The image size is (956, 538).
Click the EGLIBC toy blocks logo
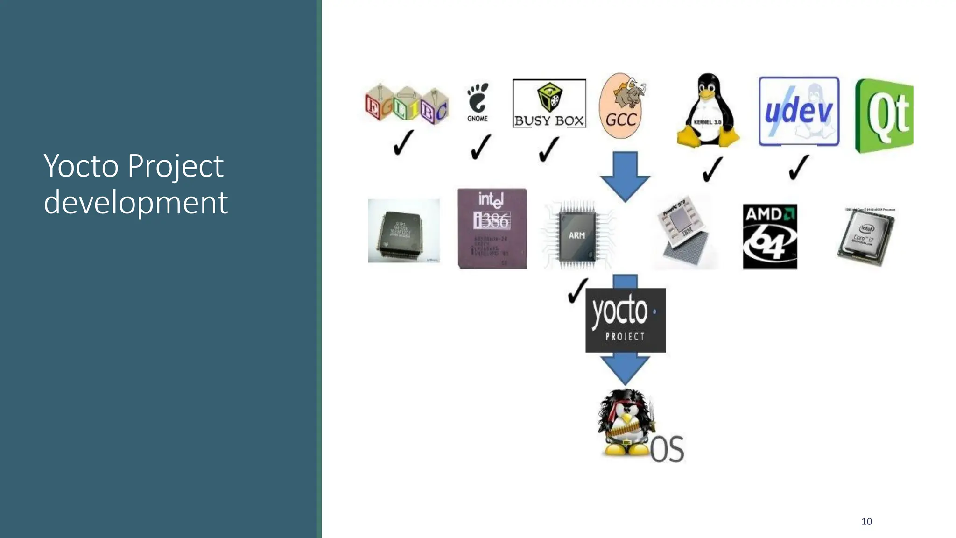click(407, 105)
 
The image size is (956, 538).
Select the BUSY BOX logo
click(549, 104)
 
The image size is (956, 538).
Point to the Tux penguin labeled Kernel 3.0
click(708, 111)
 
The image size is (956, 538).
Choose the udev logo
click(799, 112)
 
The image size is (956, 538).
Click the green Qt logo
click(884, 116)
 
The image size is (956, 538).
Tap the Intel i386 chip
click(492, 228)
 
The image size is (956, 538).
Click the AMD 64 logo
click(770, 236)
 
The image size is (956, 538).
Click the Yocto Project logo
click(626, 320)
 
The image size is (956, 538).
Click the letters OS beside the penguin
click(667, 449)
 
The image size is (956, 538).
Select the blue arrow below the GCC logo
click(625, 176)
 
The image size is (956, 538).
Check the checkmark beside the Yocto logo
click(577, 290)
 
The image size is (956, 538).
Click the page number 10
click(866, 522)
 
